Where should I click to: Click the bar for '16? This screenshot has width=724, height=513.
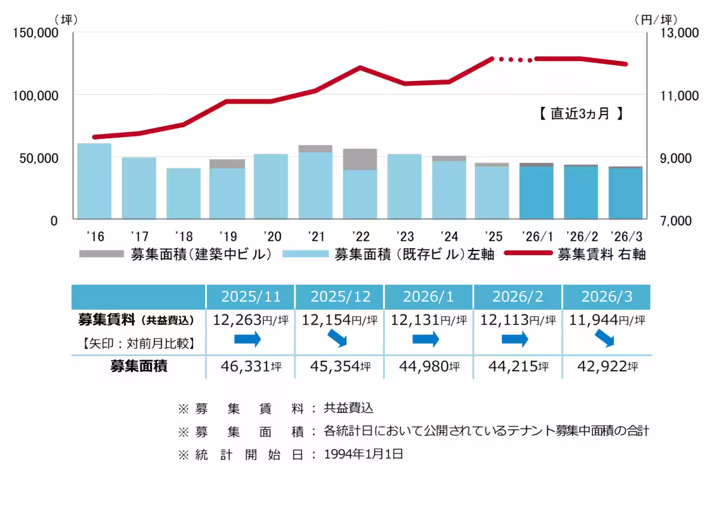(x=94, y=181)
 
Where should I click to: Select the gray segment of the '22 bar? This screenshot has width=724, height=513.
(x=360, y=159)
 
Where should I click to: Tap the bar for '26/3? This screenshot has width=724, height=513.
(x=626, y=193)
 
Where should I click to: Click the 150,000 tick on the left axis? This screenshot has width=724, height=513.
(x=35, y=33)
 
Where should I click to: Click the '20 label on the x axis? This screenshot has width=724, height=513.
(x=271, y=235)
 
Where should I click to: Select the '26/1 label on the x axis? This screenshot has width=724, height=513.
(x=536, y=235)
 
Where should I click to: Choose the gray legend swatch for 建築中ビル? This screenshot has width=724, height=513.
(x=102, y=254)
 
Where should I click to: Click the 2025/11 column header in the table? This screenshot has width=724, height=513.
(x=251, y=296)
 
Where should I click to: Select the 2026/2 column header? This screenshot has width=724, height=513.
(x=518, y=296)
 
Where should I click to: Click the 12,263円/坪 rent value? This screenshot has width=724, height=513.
(x=250, y=319)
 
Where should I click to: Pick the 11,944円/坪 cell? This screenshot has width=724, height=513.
(x=607, y=319)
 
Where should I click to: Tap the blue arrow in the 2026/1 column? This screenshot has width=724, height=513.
(x=425, y=339)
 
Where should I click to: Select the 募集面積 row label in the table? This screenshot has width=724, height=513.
(x=138, y=366)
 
